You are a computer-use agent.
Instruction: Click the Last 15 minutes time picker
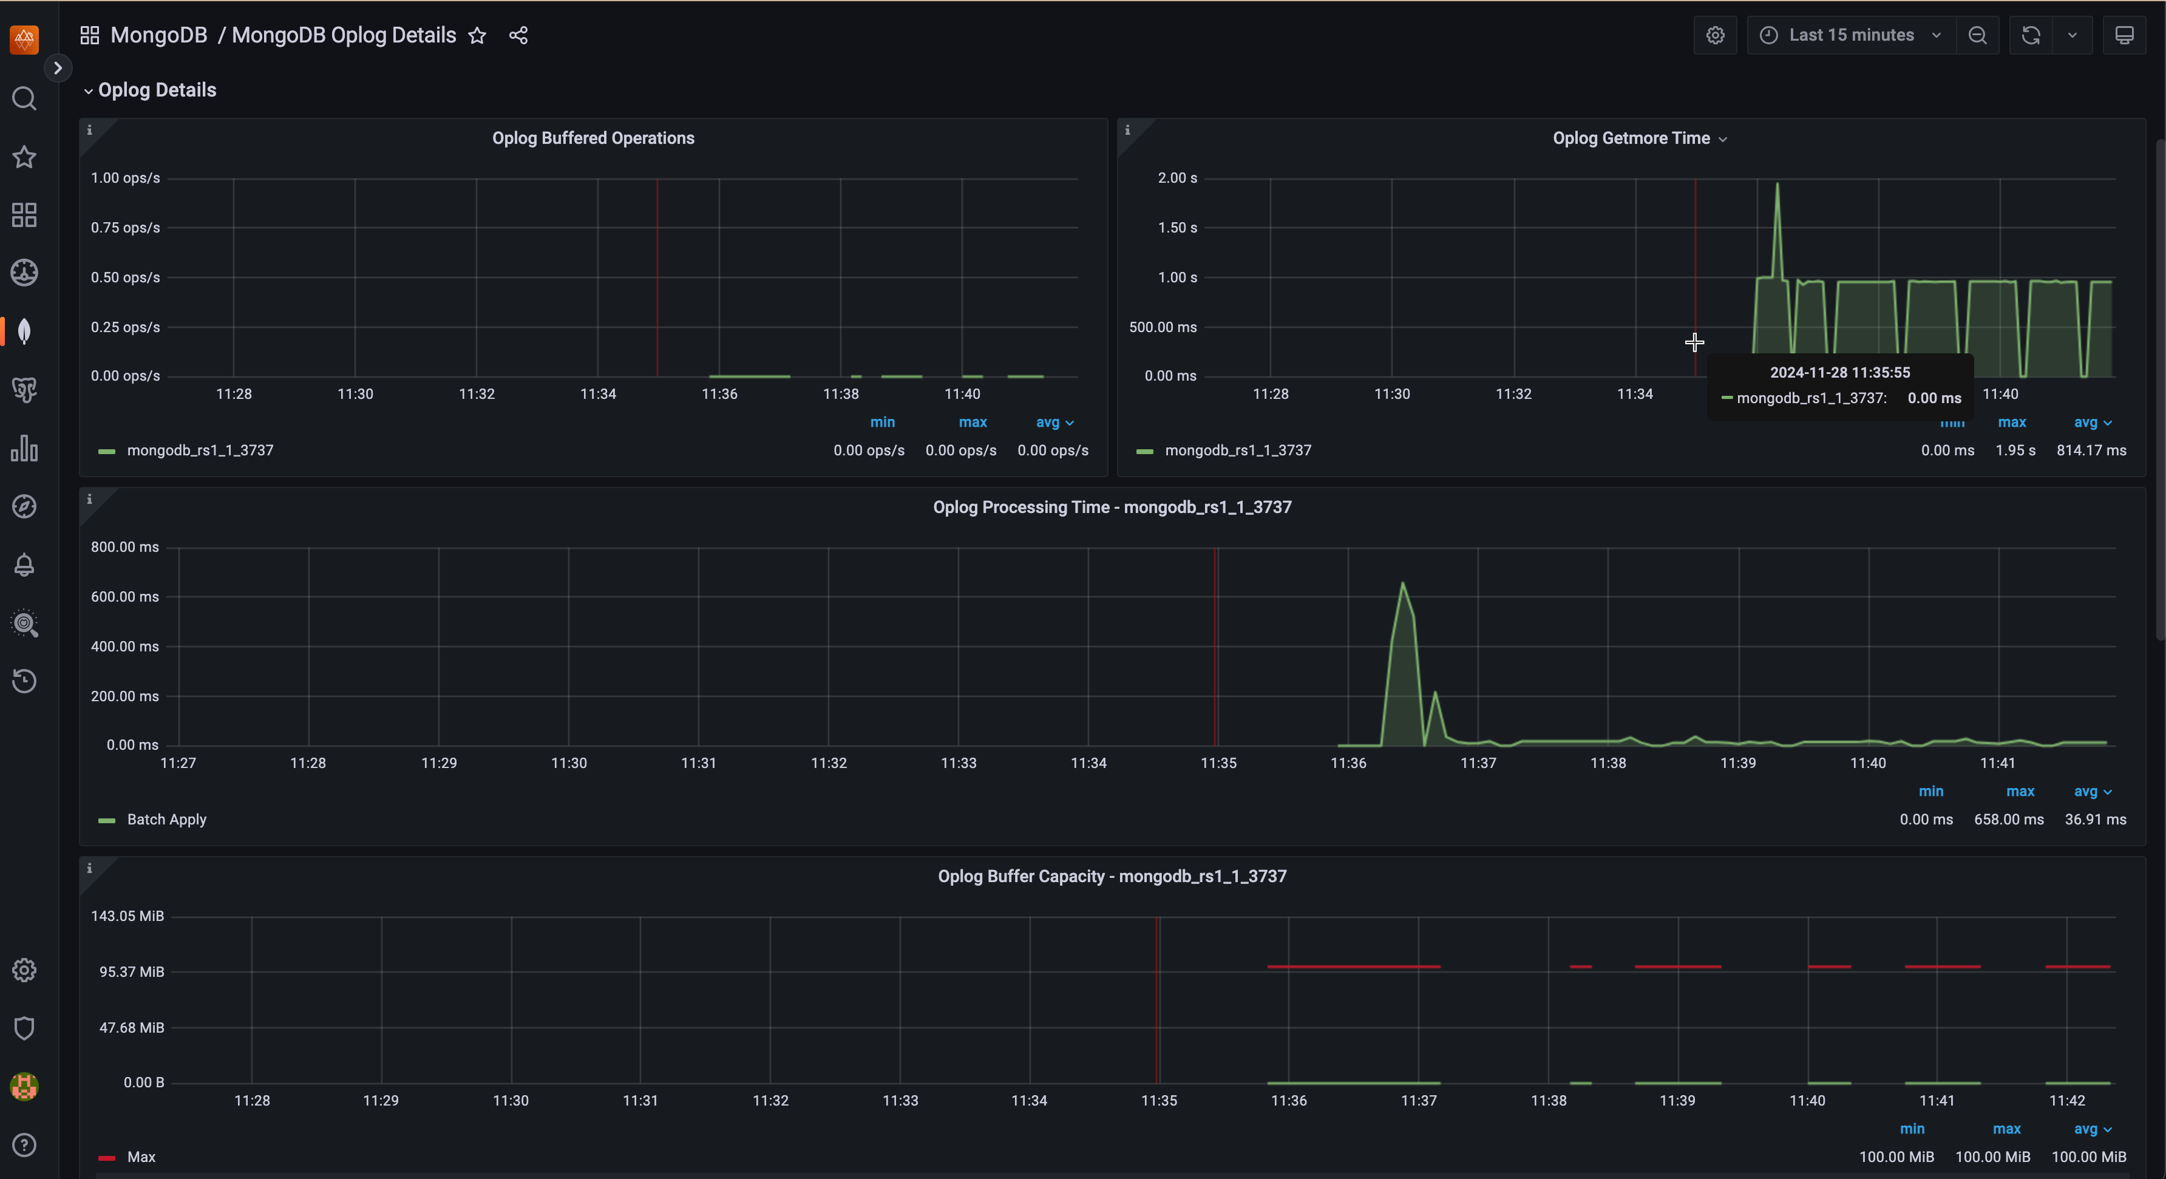1850,35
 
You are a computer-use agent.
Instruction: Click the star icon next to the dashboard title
477,35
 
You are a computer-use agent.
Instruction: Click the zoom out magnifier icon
1977,35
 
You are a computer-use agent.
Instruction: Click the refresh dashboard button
2031,35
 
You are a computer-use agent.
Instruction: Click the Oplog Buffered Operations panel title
592,138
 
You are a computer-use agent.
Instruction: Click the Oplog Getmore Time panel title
1631,138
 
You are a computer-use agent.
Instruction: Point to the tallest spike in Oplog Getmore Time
1777,185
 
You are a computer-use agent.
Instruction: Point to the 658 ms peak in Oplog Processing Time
1402,583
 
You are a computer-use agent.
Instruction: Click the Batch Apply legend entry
166,819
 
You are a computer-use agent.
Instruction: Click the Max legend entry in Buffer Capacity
140,1157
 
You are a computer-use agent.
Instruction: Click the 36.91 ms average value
2094,819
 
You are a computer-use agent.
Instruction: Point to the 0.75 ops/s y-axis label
125,227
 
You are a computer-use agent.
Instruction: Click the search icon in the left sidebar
24,99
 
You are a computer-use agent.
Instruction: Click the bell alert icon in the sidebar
24,564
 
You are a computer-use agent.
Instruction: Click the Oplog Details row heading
157,90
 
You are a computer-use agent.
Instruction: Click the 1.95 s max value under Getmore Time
2015,450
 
